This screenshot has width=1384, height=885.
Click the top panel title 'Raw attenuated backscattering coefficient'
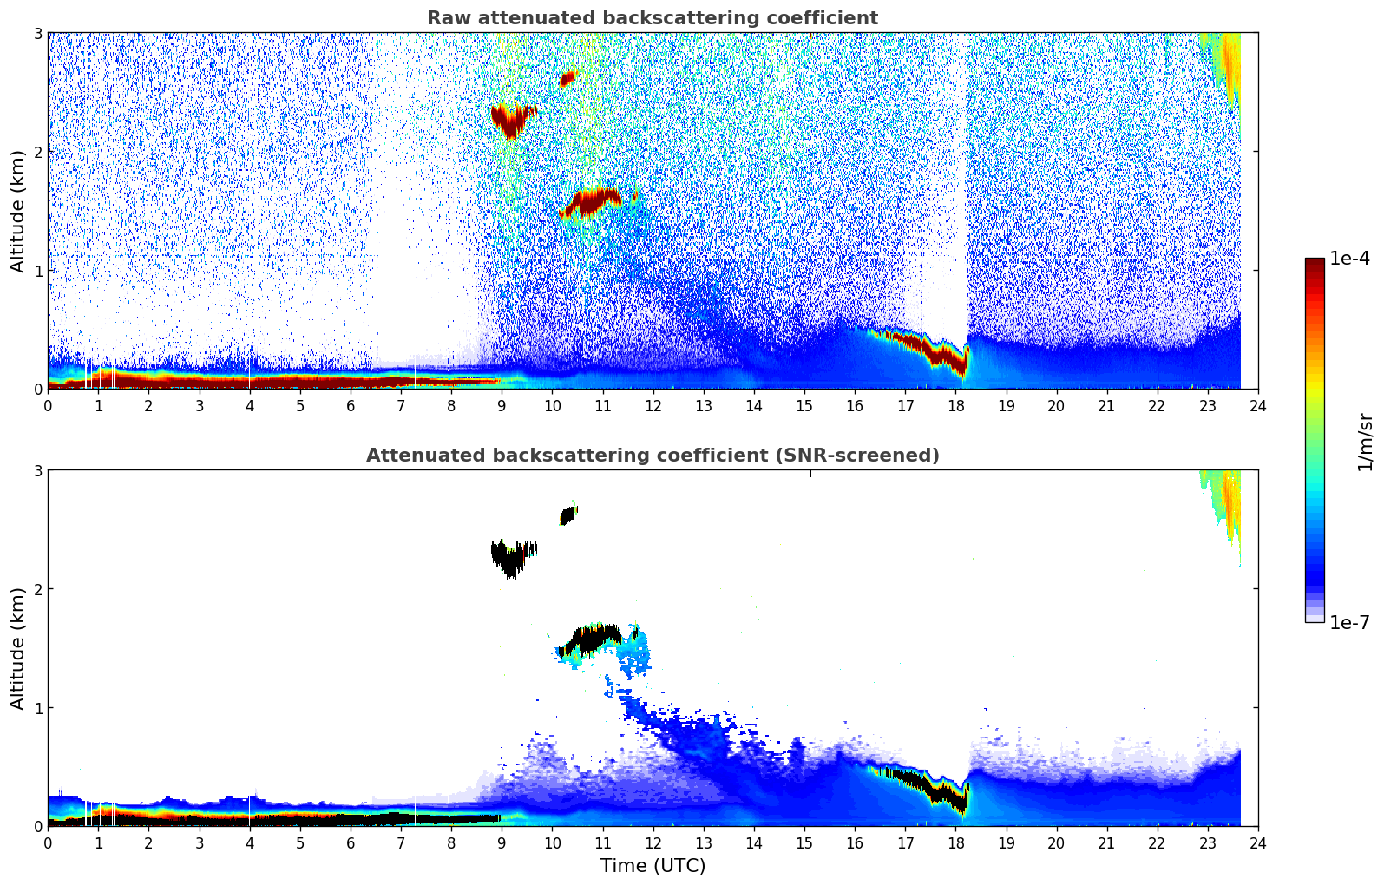pos(652,18)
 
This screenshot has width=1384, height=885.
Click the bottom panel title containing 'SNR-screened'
pos(652,456)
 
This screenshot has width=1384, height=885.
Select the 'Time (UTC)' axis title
pos(653,865)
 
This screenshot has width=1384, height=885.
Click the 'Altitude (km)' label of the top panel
pos(18,211)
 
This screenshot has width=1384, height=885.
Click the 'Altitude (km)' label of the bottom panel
pos(18,648)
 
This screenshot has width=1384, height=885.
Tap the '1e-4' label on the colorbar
pos(1349,259)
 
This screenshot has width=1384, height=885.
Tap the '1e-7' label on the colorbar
pos(1349,622)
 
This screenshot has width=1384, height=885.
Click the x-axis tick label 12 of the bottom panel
pos(653,843)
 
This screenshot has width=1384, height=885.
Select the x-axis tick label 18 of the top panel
pos(955,406)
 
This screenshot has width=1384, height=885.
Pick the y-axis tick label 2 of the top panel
pos(37,152)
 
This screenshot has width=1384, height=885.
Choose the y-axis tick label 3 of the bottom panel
pos(37,470)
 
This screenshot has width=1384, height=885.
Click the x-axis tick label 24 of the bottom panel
pos(1257,843)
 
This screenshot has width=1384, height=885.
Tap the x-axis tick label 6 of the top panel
pos(351,406)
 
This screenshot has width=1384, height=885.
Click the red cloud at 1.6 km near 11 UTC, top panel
pos(592,201)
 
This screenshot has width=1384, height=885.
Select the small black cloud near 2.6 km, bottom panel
pos(567,516)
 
